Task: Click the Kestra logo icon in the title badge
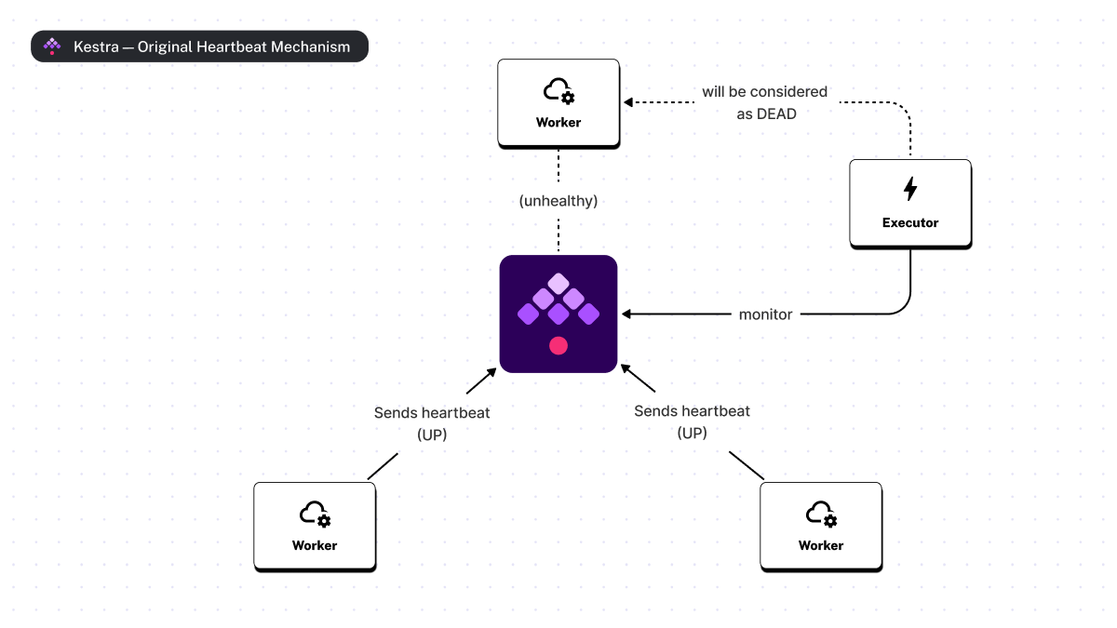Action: pos(53,47)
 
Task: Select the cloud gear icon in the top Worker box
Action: pos(558,91)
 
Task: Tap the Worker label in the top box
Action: pos(558,122)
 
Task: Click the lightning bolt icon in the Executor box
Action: pos(910,189)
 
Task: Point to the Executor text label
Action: pos(910,222)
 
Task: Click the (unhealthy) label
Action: pos(558,200)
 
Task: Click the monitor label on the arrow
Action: pos(765,314)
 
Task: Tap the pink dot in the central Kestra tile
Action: pos(558,345)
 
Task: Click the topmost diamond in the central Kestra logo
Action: pos(558,282)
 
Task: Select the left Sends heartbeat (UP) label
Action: pos(432,422)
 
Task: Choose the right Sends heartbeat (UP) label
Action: pos(692,421)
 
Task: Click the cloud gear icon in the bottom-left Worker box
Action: pos(315,514)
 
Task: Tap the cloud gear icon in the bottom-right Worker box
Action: pos(821,514)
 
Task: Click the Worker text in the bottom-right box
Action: pos(821,545)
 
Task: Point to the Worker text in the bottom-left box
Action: pos(315,545)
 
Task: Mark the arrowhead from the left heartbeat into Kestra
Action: pos(493,369)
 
